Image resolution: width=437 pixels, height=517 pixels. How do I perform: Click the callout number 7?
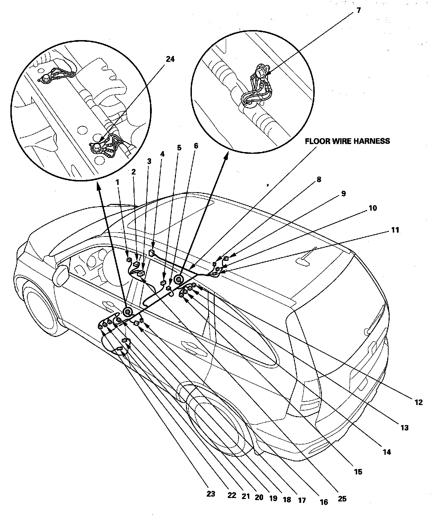tap(358, 11)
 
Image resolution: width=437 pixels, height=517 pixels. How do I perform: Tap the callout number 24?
tap(170, 59)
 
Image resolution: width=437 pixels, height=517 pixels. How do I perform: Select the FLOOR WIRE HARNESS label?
tap(347, 141)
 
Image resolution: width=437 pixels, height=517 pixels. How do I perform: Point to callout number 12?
tap(418, 402)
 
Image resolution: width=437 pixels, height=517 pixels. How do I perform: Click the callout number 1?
tap(118, 181)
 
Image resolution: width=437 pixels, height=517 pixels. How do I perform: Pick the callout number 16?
tap(324, 502)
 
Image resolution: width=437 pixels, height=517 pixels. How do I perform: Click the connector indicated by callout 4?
tap(151, 253)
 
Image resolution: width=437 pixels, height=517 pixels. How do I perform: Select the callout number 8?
tap(318, 179)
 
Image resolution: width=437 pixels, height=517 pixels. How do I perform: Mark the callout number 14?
tap(387, 452)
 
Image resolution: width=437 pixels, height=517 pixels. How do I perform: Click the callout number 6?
tap(196, 146)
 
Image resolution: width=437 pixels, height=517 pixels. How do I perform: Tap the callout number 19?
tap(273, 498)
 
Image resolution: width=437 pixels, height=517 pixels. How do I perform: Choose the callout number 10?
tap(373, 208)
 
